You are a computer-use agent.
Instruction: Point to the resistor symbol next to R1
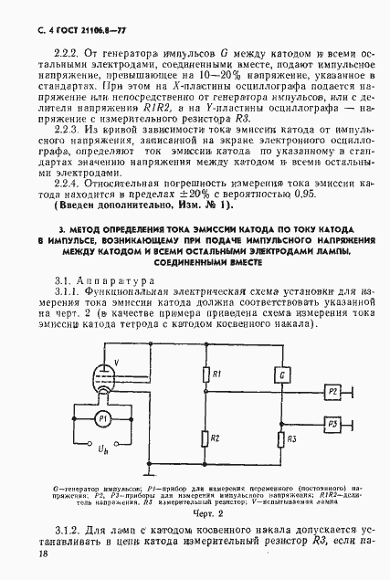(203, 374)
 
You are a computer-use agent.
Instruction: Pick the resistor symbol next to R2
(203, 439)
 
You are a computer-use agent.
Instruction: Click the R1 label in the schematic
(215, 374)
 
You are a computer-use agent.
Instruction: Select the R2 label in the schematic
(215, 439)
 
